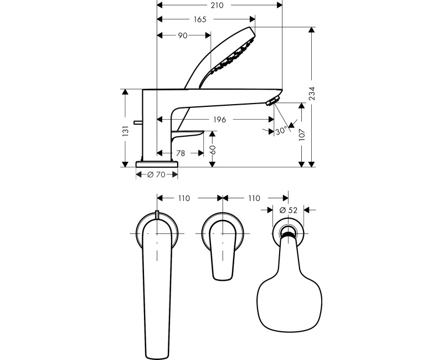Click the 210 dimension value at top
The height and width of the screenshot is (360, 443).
217,6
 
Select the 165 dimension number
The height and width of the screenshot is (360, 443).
200,19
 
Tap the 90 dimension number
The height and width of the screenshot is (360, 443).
182,35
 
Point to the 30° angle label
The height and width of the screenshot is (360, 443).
281,131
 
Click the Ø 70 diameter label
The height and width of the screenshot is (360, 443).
157,174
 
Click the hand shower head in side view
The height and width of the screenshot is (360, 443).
233,53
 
